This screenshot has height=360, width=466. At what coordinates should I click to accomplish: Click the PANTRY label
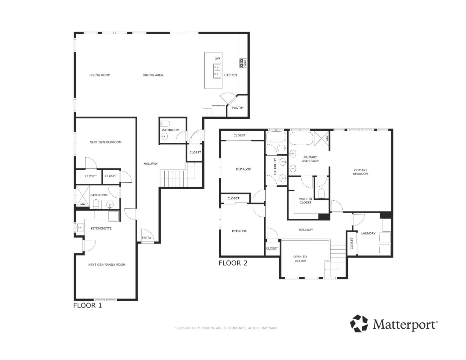pos(238,108)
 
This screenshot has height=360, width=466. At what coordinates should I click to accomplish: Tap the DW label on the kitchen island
pos(217,59)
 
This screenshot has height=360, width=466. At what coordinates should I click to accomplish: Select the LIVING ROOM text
pos(100,75)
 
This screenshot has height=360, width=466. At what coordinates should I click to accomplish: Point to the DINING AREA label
pos(153,75)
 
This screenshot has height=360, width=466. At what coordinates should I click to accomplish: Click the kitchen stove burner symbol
pos(243,63)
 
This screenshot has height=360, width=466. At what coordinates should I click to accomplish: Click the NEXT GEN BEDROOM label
pos(105,142)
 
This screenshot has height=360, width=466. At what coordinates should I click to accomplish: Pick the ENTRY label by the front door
pos(147,238)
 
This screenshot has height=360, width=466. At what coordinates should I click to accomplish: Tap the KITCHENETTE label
pos(101,229)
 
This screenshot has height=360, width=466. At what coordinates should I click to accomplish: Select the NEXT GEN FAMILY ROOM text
pos(107,265)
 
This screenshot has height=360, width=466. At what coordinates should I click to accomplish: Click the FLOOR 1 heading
pos(87,305)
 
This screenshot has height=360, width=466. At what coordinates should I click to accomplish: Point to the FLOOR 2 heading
pos(233,263)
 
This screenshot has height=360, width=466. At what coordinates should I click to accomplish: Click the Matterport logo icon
pos(359,323)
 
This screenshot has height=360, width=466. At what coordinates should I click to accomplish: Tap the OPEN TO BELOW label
pos(300,259)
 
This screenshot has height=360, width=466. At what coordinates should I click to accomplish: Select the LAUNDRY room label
pos(368,233)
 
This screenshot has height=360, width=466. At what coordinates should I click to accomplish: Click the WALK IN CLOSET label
pos(305,201)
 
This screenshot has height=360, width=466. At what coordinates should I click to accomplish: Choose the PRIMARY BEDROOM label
pos(360,172)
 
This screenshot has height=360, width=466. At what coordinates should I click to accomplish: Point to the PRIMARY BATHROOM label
pos(310,159)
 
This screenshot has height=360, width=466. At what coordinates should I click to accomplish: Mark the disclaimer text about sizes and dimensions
pos(226,328)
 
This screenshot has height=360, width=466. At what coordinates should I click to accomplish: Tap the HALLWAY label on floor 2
pos(306,230)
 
